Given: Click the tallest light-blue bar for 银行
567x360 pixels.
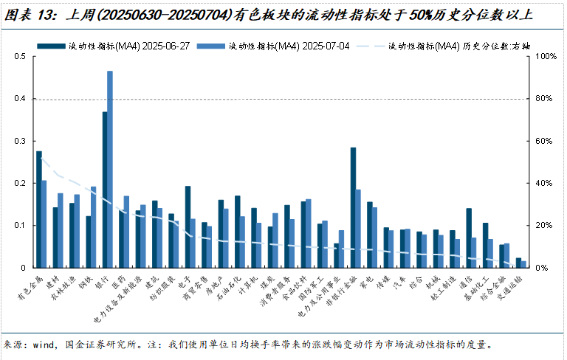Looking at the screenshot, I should pyautogui.click(x=110, y=169).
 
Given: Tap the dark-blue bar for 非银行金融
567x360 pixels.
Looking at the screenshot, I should pyautogui.click(x=353, y=207).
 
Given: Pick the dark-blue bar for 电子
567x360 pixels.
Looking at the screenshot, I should pyautogui.click(x=188, y=226).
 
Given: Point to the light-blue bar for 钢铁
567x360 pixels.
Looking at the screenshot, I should pyautogui.click(x=93, y=226).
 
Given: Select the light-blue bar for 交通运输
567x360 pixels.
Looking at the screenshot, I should pyautogui.click(x=524, y=264).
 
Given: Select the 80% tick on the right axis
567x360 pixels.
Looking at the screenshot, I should pyautogui.click(x=543, y=99).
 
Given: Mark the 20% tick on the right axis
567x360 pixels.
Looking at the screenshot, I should pyautogui.click(x=543, y=226).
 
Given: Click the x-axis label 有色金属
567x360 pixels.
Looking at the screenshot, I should pyautogui.click(x=31, y=289).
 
